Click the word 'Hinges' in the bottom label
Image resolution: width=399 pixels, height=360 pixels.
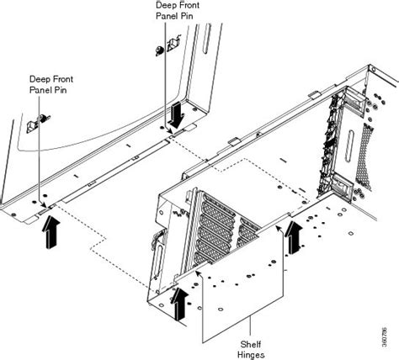click(252, 354)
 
